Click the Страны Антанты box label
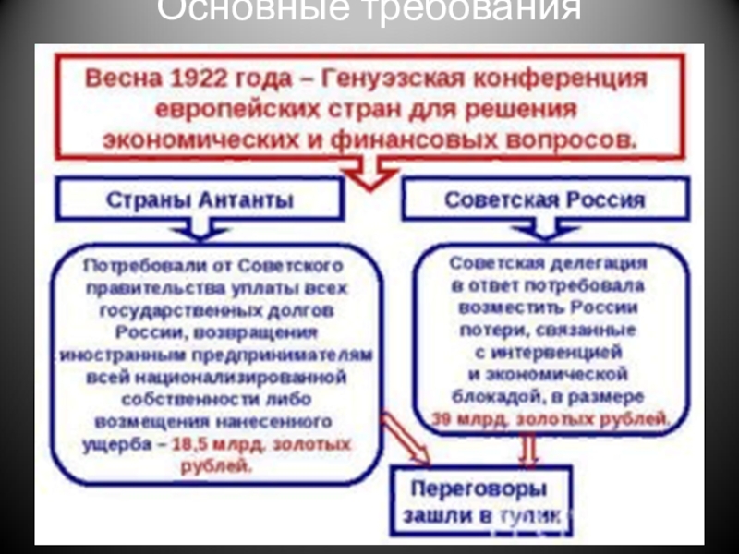(x=200, y=199)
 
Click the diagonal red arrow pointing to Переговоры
(x=406, y=440)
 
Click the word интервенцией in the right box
(x=554, y=352)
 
